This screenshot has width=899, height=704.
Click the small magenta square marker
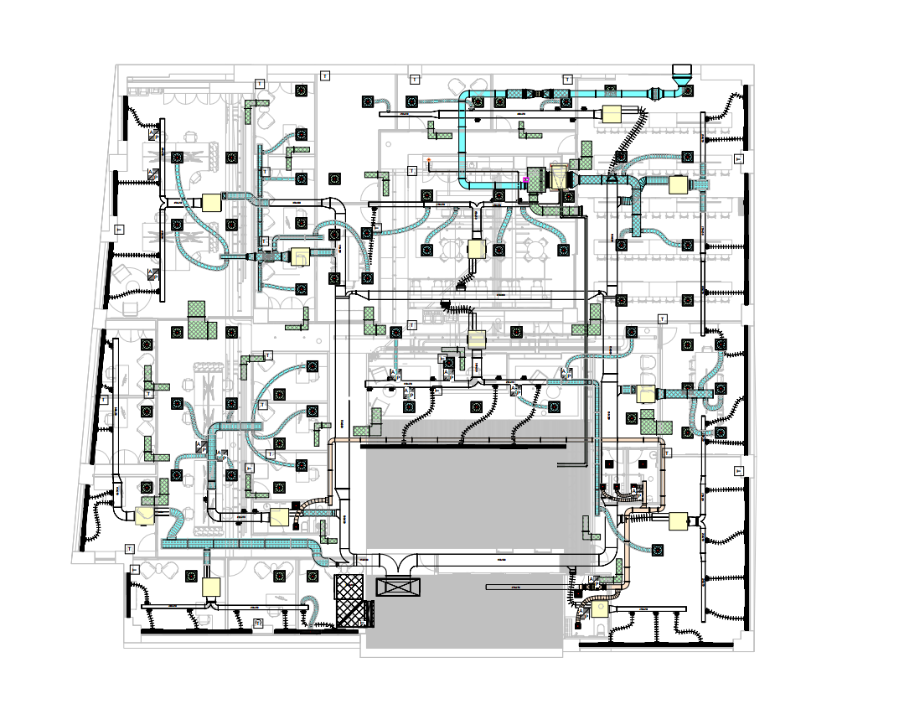point(525,179)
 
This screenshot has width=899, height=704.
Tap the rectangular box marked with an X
point(399,587)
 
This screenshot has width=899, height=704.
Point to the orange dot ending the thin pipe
point(428,159)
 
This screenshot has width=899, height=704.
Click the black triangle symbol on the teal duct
point(612,178)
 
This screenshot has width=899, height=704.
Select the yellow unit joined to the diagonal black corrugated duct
point(611,113)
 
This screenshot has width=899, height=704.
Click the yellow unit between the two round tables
point(478,250)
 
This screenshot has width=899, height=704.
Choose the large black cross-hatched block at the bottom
point(350,600)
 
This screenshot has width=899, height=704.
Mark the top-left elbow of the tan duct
point(334,443)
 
